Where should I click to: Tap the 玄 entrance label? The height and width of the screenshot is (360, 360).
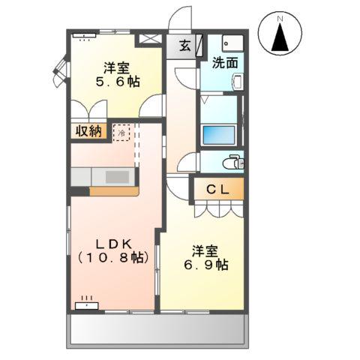tap(184, 45)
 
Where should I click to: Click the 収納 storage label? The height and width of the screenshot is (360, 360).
tap(88, 131)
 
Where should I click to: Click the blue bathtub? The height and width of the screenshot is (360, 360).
tap(219, 135)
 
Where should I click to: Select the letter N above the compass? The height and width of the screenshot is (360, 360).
tap(280, 16)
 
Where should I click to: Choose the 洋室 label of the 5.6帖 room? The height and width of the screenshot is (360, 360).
tap(117, 66)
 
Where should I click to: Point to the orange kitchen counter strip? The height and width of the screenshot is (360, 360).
tap(113, 190)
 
